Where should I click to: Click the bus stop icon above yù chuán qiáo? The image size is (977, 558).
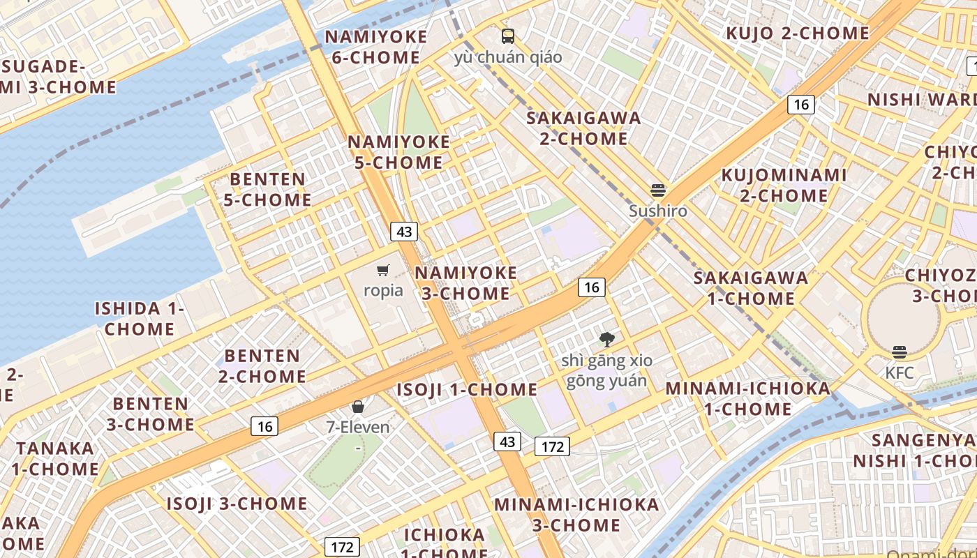click(x=508, y=36)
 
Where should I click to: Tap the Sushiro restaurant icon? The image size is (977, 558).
click(x=657, y=190)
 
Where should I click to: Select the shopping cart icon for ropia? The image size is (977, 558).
click(x=382, y=270)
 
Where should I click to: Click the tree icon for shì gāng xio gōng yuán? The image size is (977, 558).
click(x=607, y=340)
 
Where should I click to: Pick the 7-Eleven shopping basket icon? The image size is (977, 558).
click(x=358, y=406)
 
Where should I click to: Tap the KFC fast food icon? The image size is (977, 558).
click(x=900, y=352)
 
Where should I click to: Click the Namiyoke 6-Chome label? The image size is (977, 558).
click(x=375, y=47)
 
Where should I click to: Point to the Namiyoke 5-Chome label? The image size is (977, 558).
click(x=399, y=152)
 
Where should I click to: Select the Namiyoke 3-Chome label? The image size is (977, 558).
click(x=466, y=282)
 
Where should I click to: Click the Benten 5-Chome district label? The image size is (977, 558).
click(x=268, y=189)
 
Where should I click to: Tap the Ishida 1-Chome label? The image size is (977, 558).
click(x=140, y=318)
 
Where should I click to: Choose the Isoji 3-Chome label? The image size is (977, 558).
click(x=237, y=504)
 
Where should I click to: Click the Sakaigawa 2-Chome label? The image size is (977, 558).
click(x=583, y=128)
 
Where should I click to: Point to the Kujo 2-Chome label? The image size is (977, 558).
click(x=798, y=33)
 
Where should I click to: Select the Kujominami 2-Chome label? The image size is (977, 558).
click(x=784, y=185)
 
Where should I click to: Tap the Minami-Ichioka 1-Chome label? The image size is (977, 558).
click(x=748, y=398)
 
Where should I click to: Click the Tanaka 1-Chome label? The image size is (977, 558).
click(x=56, y=458)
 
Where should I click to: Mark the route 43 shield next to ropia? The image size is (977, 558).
click(x=404, y=232)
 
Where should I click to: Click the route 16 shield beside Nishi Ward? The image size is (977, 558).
click(x=801, y=105)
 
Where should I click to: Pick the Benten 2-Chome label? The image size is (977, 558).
click(x=262, y=366)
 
